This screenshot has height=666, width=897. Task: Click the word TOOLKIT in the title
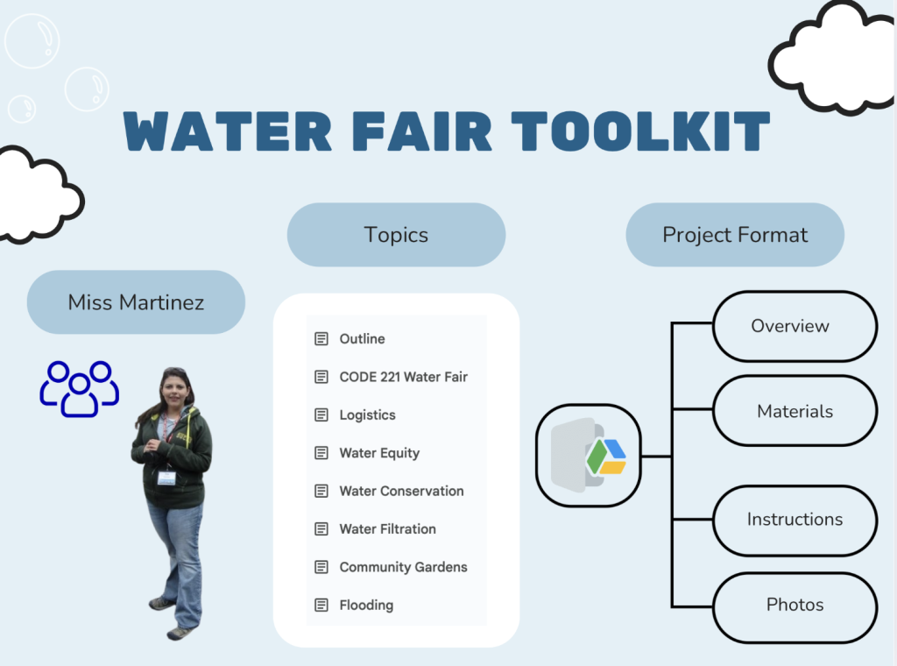(640, 131)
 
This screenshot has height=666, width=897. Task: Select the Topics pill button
(397, 235)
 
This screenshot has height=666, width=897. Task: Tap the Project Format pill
(735, 235)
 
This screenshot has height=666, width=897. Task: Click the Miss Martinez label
(136, 302)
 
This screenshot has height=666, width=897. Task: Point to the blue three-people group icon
(80, 388)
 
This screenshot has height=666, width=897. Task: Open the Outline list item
(362, 339)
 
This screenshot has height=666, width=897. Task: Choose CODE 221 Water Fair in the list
(403, 377)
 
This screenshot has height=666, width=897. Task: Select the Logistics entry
(367, 414)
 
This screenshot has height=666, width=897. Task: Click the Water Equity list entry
(379, 453)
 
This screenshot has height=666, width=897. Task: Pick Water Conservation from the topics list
(401, 491)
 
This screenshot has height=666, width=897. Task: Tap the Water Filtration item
(388, 528)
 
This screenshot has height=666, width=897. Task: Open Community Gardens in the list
(403, 567)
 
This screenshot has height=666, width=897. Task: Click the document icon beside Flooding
(321, 605)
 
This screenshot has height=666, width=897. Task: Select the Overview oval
(795, 326)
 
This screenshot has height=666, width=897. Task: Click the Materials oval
(795, 411)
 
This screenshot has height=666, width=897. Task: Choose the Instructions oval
(795, 520)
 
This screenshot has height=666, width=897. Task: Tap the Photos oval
(795, 606)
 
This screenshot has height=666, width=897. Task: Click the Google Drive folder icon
(589, 456)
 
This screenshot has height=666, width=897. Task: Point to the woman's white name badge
(166, 478)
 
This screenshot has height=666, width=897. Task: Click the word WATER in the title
(228, 131)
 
